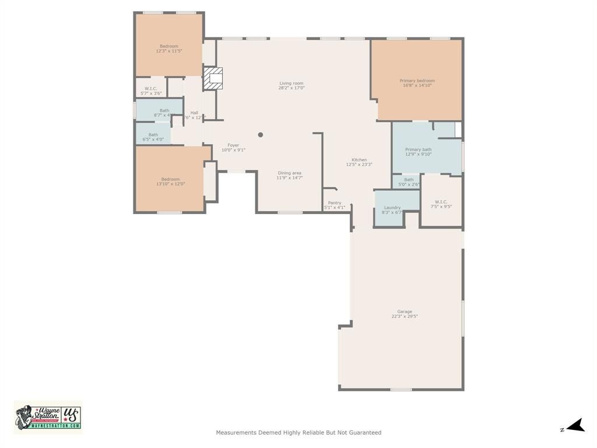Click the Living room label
(291, 83)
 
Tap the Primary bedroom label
(417, 80)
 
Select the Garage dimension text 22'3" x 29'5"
(405, 316)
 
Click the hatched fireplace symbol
(213, 78)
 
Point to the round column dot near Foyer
(261, 135)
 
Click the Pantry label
(335, 203)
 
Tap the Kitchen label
(359, 160)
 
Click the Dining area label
(289, 173)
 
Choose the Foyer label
(233, 145)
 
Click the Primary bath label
(418, 149)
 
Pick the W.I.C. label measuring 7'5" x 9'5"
(441, 202)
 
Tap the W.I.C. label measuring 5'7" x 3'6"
(151, 89)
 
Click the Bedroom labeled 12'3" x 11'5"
(169, 46)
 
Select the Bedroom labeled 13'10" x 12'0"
(170, 179)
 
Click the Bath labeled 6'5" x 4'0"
(153, 135)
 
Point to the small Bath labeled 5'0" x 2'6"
(409, 180)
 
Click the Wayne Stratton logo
(48, 417)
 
